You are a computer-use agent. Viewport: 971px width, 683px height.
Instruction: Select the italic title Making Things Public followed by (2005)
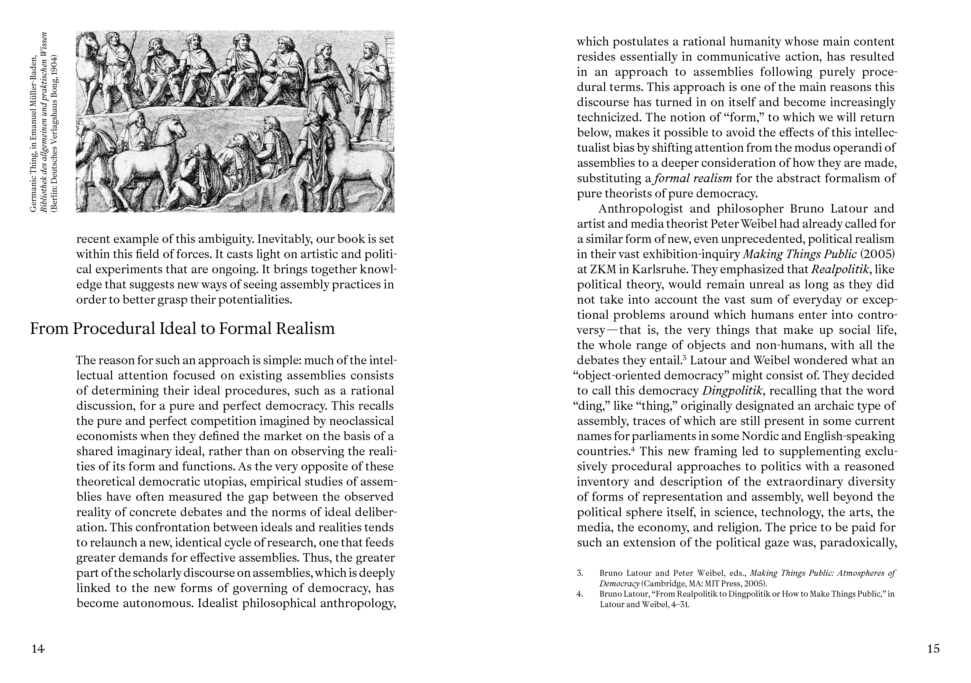[x=800, y=254]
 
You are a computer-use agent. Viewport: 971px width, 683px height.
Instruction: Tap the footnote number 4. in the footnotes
[x=580, y=594]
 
